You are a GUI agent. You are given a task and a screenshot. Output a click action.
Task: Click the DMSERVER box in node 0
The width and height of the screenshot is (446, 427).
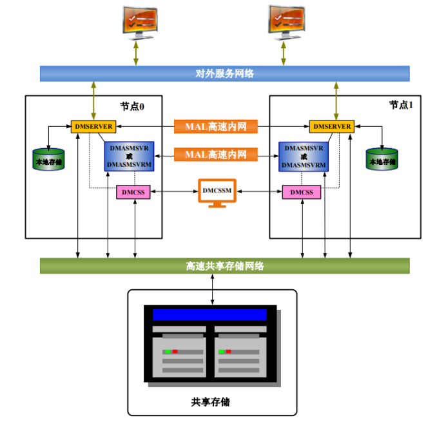(93, 126)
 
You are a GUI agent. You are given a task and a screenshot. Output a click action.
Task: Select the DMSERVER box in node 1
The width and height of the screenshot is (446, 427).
(332, 126)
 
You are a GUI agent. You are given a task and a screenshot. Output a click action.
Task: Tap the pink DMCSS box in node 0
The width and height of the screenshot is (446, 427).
(133, 192)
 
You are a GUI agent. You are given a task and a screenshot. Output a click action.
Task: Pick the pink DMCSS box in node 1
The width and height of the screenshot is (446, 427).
(302, 192)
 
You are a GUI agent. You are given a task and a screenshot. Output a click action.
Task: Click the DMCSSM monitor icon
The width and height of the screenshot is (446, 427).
(217, 193)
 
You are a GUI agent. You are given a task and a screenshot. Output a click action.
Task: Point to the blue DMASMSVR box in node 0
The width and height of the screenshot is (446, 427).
(129, 157)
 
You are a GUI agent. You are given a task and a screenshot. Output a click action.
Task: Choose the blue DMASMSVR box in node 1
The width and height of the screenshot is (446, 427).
(304, 157)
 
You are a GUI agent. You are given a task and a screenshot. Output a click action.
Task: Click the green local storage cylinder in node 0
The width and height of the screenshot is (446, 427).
(48, 159)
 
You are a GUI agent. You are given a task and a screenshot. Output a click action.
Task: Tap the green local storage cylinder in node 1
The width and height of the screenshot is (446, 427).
(382, 159)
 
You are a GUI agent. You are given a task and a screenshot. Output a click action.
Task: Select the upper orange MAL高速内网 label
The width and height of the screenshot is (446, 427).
(216, 126)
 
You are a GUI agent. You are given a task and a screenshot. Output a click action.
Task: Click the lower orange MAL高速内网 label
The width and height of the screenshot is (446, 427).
(216, 155)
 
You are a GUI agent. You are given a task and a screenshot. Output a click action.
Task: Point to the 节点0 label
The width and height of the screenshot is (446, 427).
(132, 107)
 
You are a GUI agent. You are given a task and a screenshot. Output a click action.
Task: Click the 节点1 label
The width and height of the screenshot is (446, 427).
(401, 105)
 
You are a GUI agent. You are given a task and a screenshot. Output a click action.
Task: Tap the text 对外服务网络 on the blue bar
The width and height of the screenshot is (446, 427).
(224, 73)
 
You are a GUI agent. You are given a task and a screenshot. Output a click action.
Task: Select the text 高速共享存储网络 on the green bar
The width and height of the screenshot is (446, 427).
(225, 266)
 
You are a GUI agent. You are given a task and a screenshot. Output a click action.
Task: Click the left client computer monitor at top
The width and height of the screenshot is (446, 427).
(140, 23)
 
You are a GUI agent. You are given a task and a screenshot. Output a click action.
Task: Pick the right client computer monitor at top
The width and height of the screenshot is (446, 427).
(286, 23)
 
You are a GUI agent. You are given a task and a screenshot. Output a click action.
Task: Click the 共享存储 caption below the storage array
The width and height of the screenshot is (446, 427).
(211, 402)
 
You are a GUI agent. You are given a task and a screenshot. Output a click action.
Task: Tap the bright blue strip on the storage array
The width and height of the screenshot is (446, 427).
(209, 315)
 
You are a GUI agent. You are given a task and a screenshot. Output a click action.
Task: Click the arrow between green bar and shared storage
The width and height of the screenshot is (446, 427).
(213, 289)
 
